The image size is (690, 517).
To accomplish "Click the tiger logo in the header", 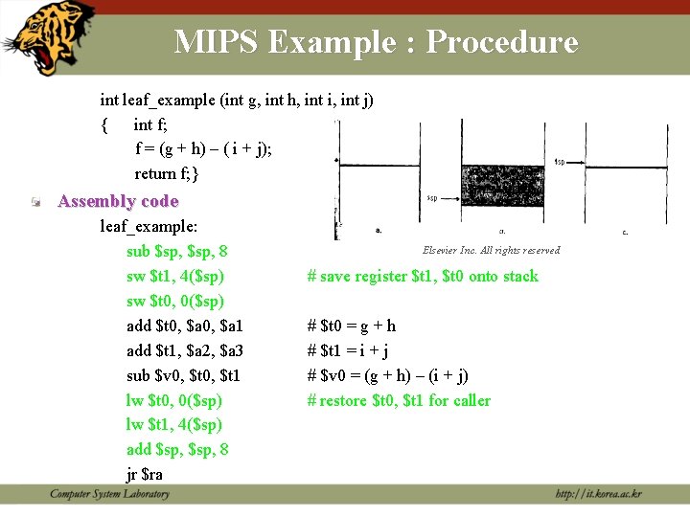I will pos(51,36).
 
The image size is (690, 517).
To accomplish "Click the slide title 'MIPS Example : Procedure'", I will pos(376,42).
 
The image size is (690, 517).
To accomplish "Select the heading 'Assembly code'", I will pos(118,201).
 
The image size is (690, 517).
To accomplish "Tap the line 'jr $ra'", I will pos(145,474).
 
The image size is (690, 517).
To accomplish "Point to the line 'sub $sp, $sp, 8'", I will pos(176,252).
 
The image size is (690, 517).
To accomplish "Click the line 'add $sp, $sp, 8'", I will pos(176,449).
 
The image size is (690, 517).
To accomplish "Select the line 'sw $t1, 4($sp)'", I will pos(175,277).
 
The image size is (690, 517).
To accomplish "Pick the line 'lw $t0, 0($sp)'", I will pos(174,400).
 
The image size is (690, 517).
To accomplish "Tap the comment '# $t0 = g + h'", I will pos(352,326).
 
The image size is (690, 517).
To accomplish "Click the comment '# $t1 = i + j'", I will pos(347,350).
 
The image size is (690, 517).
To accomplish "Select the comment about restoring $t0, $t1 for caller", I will pos(399,400).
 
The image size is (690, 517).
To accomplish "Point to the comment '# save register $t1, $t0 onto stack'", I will pos(423,277).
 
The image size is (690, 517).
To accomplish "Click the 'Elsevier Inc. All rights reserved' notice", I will pos(491,251).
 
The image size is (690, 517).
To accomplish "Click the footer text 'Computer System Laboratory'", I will pos(110,494).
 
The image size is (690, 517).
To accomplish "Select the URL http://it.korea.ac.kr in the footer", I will pos(598,494).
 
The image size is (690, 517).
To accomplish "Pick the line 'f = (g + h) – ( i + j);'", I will pos(204,148).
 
